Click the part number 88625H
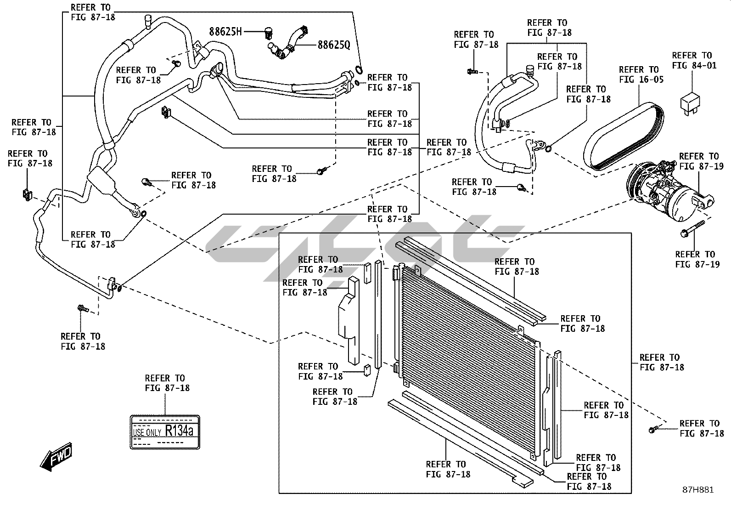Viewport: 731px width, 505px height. tap(225, 32)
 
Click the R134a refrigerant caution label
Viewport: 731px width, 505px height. tap(165, 432)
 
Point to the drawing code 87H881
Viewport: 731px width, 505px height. tap(697, 490)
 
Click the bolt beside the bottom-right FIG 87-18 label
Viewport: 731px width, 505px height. tap(653, 429)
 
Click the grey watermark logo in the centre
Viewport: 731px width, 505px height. tap(363, 250)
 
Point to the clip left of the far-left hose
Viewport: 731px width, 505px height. tap(26, 194)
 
